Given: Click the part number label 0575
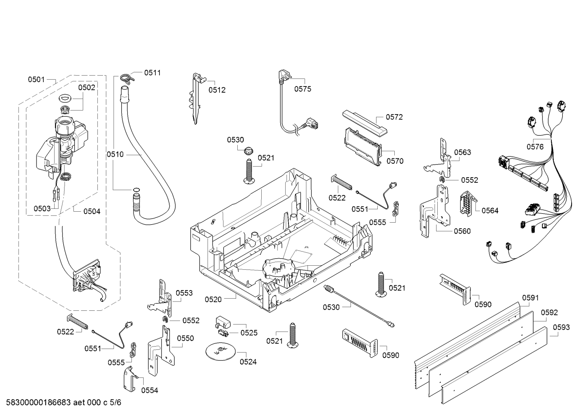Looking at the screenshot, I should coord(303,89).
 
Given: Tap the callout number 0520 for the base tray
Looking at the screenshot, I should coord(213,299).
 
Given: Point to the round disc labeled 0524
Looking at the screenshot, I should coord(220,351).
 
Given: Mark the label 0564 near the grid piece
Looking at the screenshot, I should coord(490,210).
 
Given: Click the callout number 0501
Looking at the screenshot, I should coord(36,80).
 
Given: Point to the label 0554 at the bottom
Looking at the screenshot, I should coord(149,390).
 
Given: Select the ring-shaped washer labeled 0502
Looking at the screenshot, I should coord(65,98).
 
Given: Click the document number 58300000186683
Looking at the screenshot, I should coord(36,403).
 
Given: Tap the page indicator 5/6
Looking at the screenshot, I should coord(115,403).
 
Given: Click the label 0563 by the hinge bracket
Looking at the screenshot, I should coord(462,152).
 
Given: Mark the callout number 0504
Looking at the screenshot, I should coord(92,211).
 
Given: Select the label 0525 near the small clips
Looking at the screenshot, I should coord(249,333).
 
